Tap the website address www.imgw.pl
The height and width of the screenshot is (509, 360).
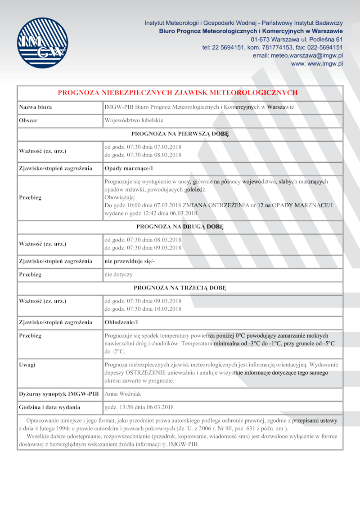tap(317, 64)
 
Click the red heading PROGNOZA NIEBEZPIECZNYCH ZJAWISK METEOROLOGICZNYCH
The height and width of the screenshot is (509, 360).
tap(178, 93)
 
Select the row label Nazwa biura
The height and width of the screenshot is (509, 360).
tap(35, 107)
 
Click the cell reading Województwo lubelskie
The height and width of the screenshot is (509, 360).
tap(134, 121)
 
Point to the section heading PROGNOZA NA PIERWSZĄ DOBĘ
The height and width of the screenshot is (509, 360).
tap(180, 134)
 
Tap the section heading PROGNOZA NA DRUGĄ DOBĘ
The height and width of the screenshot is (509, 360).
tap(180, 227)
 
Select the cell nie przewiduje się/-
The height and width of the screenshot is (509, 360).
tap(130, 261)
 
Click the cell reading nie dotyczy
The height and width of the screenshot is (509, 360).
tap(118, 274)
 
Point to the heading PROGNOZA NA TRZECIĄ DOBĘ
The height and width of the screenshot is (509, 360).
tap(180, 287)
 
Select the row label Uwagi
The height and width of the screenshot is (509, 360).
tap(27, 364)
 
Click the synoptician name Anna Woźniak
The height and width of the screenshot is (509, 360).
tap(122, 394)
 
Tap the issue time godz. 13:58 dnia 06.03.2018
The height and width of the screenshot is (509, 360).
tap(139, 407)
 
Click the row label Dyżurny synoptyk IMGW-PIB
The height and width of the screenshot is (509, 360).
tap(58, 394)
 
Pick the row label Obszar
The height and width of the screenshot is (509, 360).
tap(28, 121)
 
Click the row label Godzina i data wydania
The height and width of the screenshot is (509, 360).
tap(49, 407)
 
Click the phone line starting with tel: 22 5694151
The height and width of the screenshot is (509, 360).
tap(273, 47)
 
